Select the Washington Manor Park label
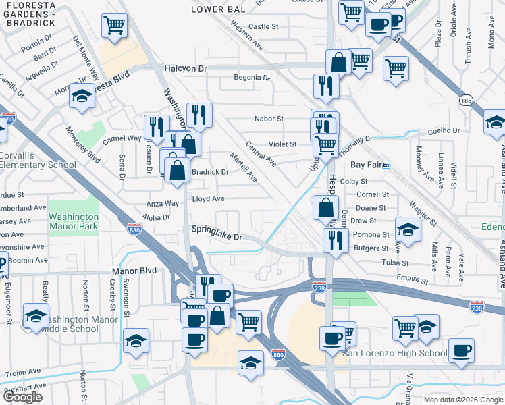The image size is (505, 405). (74, 222)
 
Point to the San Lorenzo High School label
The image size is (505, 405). (394, 353)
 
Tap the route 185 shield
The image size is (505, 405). (465, 101)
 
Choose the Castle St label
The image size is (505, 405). (263, 27)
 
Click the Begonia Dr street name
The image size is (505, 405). (251, 78)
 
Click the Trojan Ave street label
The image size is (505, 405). (26, 372)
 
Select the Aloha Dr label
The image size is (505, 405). (155, 218)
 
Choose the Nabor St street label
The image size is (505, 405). (268, 119)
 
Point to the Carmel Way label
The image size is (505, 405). (122, 138)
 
